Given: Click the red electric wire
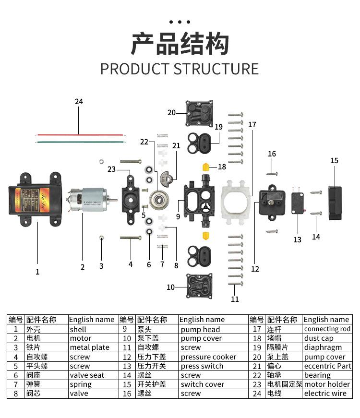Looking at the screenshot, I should pyautogui.click(x=79, y=135).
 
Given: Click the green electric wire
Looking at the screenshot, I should pyautogui.click(x=79, y=142).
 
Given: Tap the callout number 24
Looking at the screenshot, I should pyautogui.click(x=79, y=102).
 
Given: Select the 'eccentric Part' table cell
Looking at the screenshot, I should pyautogui.click(x=327, y=366).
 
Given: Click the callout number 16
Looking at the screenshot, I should pyautogui.click(x=272, y=154).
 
